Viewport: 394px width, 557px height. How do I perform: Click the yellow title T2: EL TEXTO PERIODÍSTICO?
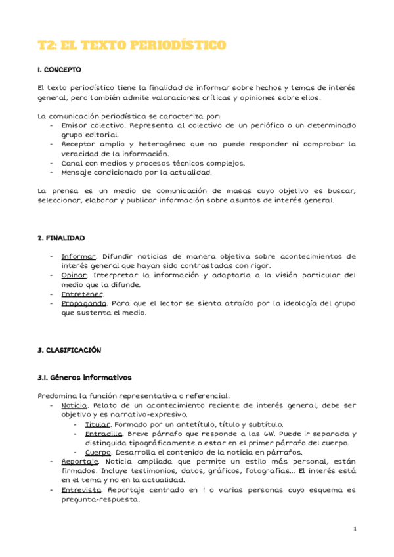tap(132, 45)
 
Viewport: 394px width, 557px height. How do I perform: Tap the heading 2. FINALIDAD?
tap(62, 238)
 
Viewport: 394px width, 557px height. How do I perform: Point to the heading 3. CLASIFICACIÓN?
tap(70, 350)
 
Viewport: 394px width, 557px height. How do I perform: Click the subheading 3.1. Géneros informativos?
tap(85, 378)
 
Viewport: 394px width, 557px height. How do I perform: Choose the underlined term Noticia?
tap(74, 406)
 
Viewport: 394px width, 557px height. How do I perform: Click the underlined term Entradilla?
tap(102, 434)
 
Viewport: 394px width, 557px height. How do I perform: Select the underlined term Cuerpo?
tap(98, 453)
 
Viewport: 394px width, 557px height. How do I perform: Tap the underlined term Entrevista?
tap(81, 490)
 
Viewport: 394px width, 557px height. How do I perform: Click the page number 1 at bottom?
tap(355, 529)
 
